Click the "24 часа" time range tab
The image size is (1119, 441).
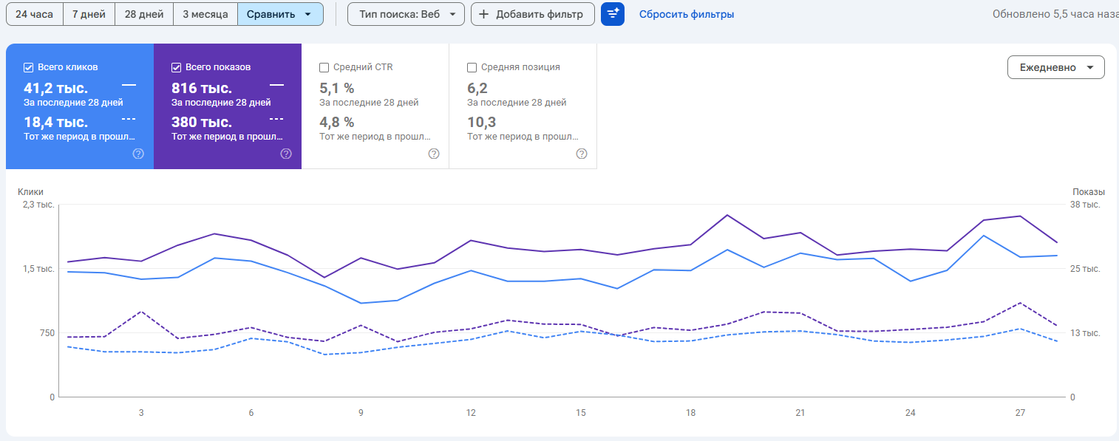click(35, 14)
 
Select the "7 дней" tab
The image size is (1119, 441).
click(89, 14)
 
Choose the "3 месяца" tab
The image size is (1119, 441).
click(205, 14)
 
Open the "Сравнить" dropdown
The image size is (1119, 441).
click(280, 14)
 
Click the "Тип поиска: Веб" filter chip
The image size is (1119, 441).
click(406, 14)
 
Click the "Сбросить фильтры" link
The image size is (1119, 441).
click(687, 15)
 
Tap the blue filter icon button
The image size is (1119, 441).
click(613, 14)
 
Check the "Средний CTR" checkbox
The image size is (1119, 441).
click(324, 67)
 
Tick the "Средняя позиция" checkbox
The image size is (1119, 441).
click(472, 67)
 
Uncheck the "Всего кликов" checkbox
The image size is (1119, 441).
click(29, 67)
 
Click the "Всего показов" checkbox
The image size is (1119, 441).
click(177, 67)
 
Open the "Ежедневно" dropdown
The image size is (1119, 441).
click(1055, 67)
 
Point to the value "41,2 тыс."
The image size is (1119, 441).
click(55, 89)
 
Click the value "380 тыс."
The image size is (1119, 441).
click(201, 123)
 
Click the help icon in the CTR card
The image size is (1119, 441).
click(434, 154)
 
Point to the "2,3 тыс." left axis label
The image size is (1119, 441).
click(38, 205)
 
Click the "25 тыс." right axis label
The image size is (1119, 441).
click(1085, 269)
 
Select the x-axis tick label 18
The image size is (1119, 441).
click(690, 413)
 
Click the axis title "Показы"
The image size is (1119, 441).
click(1089, 192)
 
